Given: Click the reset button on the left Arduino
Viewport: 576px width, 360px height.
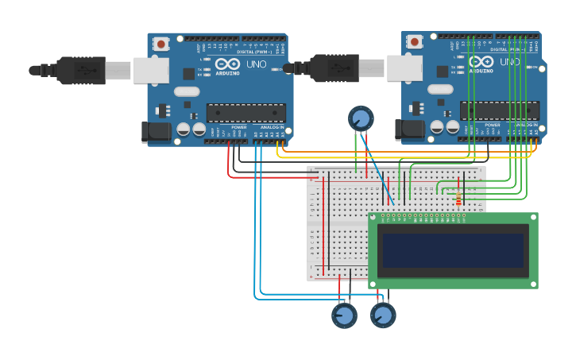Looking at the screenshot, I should point(161,45).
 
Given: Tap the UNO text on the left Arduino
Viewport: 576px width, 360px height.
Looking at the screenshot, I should point(257,64).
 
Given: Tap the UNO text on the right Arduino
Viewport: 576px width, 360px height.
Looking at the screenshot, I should point(510,61).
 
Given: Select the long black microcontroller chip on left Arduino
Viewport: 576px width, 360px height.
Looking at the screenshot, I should point(245,112).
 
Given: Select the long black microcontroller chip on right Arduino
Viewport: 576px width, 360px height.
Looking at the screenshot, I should point(499,110).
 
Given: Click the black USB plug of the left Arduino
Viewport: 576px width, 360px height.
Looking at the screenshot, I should point(80,70).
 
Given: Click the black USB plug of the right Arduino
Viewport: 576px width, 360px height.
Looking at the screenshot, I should point(334,68).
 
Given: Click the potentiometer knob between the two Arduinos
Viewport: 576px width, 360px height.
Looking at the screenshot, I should point(361,119).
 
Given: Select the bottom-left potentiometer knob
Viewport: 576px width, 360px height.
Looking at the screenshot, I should point(344,315).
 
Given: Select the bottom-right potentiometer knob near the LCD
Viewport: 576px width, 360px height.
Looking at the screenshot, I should point(383,315).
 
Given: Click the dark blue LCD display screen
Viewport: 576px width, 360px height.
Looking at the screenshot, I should point(453,250).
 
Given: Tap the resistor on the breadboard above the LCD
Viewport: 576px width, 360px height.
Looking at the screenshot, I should point(458,196).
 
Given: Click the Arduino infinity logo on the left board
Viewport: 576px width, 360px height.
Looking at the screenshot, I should point(227,64).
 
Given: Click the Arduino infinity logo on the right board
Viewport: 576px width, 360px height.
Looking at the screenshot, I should point(481,61).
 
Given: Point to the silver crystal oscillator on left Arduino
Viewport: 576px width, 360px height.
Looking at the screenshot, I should point(187,91).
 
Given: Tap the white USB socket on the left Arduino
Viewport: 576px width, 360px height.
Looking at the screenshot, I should point(150,70).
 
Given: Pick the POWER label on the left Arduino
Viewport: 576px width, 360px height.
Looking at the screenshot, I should point(238,127).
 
